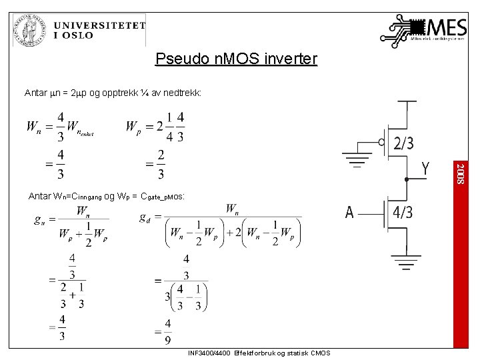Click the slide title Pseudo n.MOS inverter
point(236,59)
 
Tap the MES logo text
point(447,29)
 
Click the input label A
point(349,213)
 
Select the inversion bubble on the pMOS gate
point(381,142)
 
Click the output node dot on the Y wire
point(406,179)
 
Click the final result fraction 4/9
point(167,332)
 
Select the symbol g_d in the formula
point(145,218)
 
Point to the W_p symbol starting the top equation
point(133,127)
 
